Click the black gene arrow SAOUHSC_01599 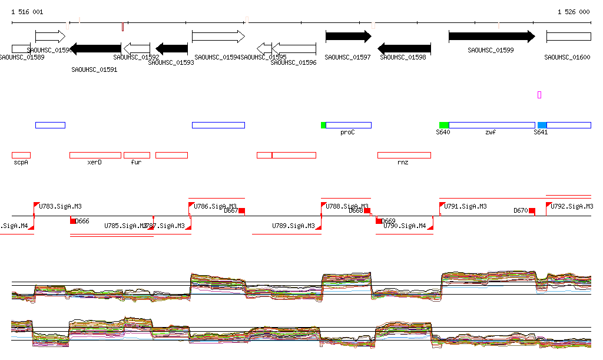(492, 37)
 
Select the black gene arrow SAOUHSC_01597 (348, 37)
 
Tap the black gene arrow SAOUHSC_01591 (95, 49)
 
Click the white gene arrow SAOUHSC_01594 (218, 37)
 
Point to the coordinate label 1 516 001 (27, 12)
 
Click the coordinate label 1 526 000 (574, 12)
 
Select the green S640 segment (444, 125)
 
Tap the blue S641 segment (542, 125)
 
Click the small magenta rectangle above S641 (539, 94)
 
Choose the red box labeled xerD (95, 155)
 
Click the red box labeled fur (137, 155)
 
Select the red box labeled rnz (404, 155)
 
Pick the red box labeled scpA (21, 155)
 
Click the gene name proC (347, 133)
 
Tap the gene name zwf (491, 133)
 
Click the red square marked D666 (73, 221)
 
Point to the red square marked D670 (532, 211)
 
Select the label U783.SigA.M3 (60, 206)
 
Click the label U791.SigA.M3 (465, 206)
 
